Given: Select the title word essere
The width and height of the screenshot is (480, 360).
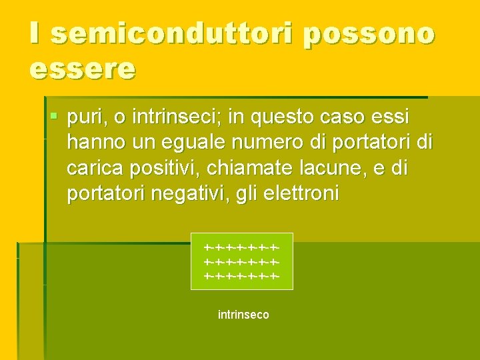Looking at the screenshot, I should pos(83,68).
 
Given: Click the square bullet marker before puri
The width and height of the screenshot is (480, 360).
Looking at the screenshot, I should pos(55,117).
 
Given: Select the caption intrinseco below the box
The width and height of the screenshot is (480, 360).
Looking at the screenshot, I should pos(243,314).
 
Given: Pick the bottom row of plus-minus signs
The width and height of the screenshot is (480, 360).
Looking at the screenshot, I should pos(241,275).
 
